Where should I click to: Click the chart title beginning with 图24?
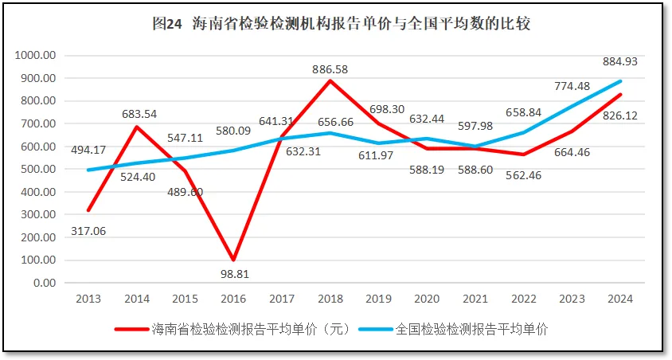(341, 23)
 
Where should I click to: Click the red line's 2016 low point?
(233, 260)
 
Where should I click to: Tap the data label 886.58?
(330, 69)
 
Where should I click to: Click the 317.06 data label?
(89, 231)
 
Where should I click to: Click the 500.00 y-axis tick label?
(38, 170)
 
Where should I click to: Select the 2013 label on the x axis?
(88, 299)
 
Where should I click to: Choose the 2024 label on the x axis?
(619, 299)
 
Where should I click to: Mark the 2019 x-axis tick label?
(378, 299)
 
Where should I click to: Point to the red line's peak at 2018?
(330, 80)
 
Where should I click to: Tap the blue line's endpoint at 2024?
(619, 81)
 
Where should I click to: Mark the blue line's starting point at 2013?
(88, 170)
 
